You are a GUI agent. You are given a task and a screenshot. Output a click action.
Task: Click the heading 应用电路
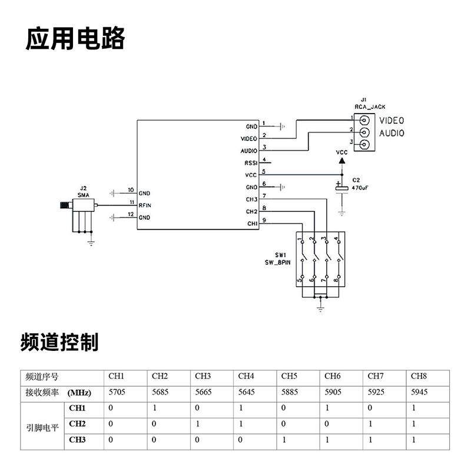pos(75,39)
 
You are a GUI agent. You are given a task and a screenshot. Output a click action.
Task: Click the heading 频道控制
pos(59,341)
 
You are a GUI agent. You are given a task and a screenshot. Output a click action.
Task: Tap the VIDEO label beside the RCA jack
pos(392,121)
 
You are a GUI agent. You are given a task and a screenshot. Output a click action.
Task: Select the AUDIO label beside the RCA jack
pos(392,133)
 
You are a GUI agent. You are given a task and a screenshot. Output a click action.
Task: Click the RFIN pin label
pos(145,205)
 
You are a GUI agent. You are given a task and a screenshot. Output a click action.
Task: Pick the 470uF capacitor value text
pos(360,187)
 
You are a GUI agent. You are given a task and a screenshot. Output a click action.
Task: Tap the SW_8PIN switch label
pos(278,263)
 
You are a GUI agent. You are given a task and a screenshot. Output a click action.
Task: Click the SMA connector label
pos(83,194)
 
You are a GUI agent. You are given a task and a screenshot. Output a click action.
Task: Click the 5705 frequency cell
pos(117,392)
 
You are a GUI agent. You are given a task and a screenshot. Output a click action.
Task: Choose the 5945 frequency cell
pos(419,392)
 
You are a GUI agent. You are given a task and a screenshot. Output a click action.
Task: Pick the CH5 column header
pos(289,376)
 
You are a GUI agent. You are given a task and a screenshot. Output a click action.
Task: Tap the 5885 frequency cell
pos(290,392)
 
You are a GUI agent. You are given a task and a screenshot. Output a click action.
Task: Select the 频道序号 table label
pos(43,376)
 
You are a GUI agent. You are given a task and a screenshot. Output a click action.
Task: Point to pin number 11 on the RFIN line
pos(131,203)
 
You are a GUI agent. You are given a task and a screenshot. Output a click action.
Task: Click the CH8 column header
pos(418,376)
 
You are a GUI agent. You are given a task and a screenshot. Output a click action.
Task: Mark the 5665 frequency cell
pos(203,392)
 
